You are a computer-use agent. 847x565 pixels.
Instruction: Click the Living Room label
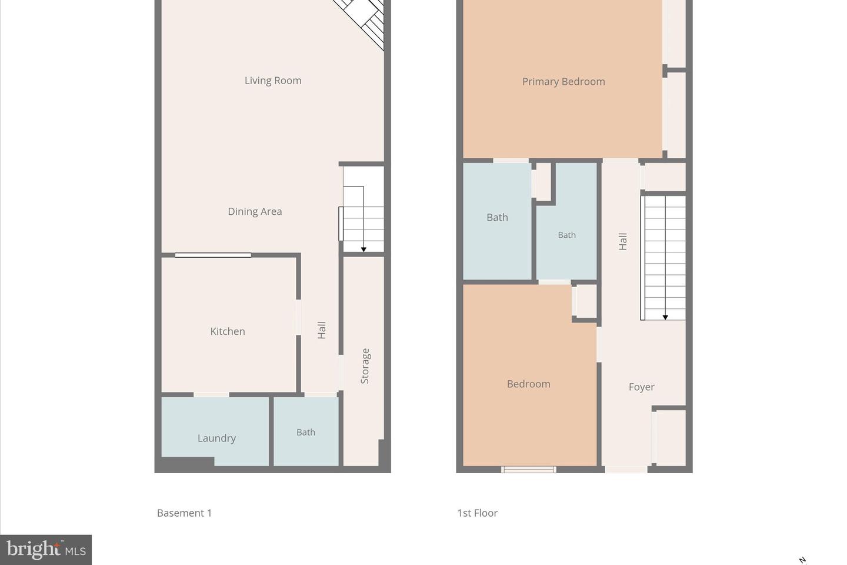coord(273,81)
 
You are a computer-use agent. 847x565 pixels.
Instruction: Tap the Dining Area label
coord(255,211)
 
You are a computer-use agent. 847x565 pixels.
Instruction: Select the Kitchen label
coord(228,331)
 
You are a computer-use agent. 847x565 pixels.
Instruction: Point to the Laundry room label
coord(216,438)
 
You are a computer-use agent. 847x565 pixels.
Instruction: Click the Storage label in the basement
coord(365,366)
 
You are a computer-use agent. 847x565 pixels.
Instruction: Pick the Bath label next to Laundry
coord(306,432)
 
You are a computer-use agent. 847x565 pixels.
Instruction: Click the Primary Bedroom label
coord(563,82)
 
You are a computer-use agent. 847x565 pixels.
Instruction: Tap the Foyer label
coord(641,387)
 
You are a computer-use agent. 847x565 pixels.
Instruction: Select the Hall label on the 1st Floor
coord(623,241)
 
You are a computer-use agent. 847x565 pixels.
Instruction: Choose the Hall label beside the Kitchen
coord(322,330)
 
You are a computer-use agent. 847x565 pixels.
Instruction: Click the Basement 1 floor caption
coord(184,513)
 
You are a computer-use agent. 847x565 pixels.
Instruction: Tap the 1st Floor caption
coord(477,513)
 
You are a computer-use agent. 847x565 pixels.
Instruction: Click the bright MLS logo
coord(46,550)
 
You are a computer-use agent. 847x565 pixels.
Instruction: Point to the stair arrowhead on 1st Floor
coord(665,317)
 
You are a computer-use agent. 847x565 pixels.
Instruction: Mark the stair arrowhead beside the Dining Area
coord(364,250)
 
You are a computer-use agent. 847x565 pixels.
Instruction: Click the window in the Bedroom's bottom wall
coord(528,469)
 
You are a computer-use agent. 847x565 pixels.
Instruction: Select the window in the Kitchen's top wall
coord(213,255)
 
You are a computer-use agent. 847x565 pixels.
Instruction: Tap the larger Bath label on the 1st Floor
coord(497,217)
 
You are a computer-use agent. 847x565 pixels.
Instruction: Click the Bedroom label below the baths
coord(528,384)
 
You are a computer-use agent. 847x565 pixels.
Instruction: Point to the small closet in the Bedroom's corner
coord(586,301)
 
